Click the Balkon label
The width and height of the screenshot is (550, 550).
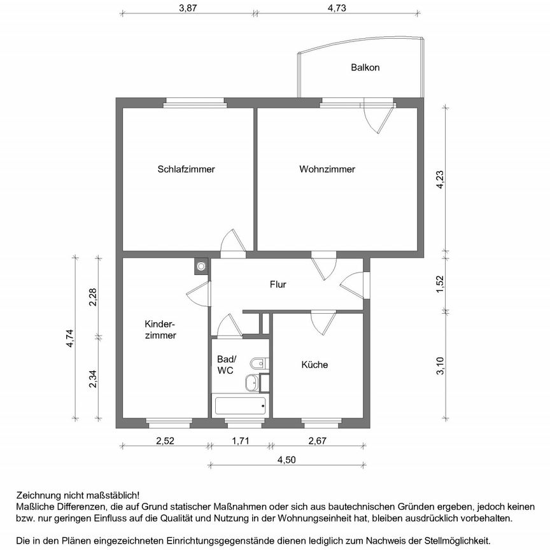(x=365, y=67)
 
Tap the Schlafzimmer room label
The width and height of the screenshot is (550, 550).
(x=186, y=169)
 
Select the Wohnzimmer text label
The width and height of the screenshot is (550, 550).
(x=327, y=169)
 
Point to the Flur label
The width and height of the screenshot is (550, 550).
(x=278, y=285)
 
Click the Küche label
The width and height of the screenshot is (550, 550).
(x=314, y=365)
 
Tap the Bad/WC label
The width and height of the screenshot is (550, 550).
(x=226, y=364)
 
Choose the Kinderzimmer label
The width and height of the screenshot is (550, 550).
(x=160, y=329)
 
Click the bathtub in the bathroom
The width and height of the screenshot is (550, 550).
(x=240, y=405)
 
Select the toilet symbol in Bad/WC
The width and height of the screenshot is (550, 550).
(x=258, y=364)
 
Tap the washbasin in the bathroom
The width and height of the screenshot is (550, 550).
(x=252, y=383)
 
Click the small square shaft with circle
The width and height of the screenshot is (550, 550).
(x=202, y=265)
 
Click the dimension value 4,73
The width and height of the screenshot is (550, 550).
(x=337, y=8)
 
